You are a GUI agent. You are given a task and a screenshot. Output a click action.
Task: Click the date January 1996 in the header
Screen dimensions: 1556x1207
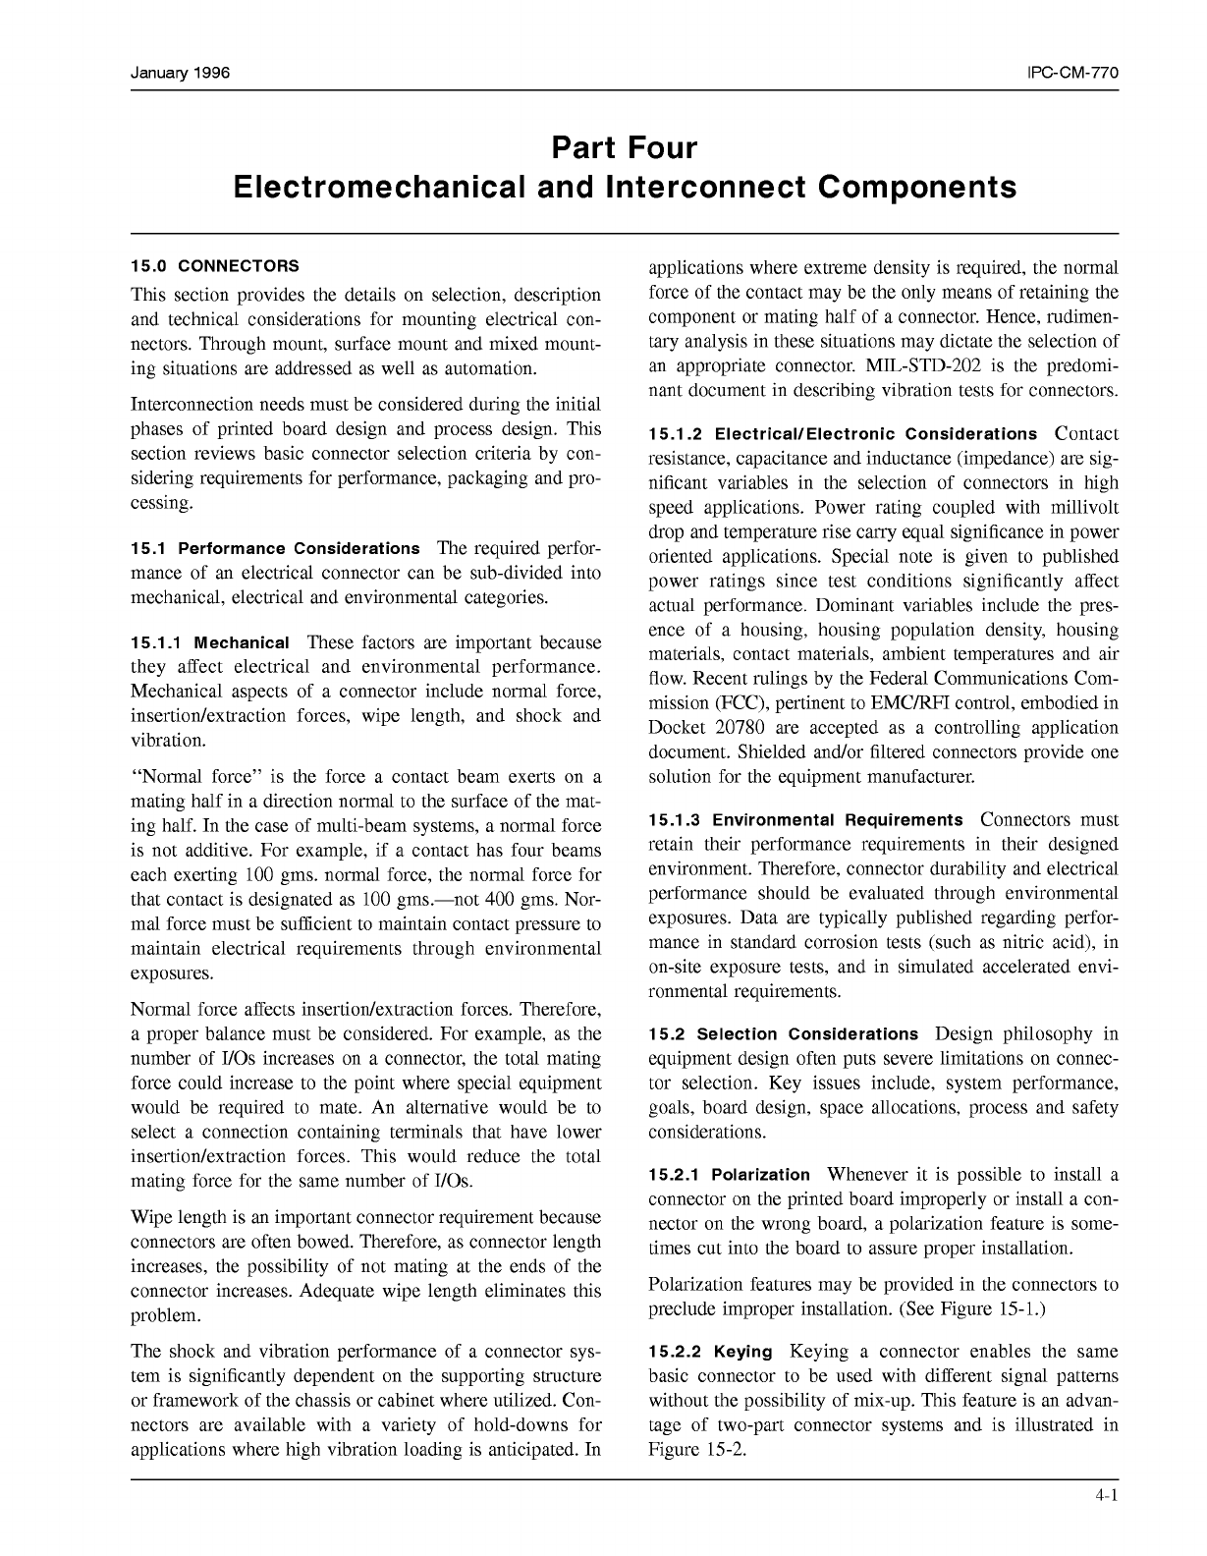(x=181, y=74)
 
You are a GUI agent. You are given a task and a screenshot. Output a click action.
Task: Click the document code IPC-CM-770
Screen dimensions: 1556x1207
(x=1072, y=74)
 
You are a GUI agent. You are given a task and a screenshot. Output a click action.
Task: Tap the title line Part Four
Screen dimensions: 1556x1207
(x=624, y=148)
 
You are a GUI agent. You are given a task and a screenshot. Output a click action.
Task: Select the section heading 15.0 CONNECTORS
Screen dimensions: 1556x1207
(x=215, y=266)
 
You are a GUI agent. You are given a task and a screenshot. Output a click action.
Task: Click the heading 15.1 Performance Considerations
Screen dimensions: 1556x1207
(x=276, y=548)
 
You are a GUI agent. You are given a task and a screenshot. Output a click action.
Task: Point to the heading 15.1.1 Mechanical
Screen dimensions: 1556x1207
(x=210, y=643)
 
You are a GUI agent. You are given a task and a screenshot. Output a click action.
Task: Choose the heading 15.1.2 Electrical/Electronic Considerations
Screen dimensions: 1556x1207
(x=843, y=434)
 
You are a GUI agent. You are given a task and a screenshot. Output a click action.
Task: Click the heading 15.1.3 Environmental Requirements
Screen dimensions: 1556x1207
(x=805, y=820)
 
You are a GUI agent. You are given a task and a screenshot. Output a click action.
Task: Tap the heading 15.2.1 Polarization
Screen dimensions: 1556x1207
(x=730, y=1175)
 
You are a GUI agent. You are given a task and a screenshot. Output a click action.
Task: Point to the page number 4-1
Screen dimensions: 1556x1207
(x=1108, y=1496)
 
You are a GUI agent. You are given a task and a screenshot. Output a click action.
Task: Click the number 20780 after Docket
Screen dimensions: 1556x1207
(x=747, y=728)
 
